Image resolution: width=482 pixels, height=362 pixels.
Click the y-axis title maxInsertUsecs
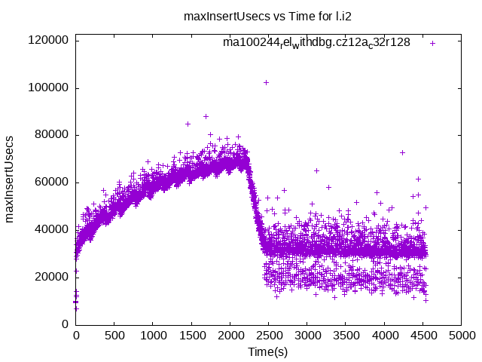(x=10, y=179)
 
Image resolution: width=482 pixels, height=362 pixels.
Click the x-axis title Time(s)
(x=268, y=351)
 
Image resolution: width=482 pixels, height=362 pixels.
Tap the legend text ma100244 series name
(x=316, y=42)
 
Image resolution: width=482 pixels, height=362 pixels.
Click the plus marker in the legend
(x=433, y=43)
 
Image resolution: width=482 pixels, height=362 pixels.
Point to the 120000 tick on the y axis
(x=48, y=41)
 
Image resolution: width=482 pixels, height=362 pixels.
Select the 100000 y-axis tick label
(x=48, y=88)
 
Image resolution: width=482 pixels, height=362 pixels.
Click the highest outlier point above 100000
(x=266, y=82)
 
